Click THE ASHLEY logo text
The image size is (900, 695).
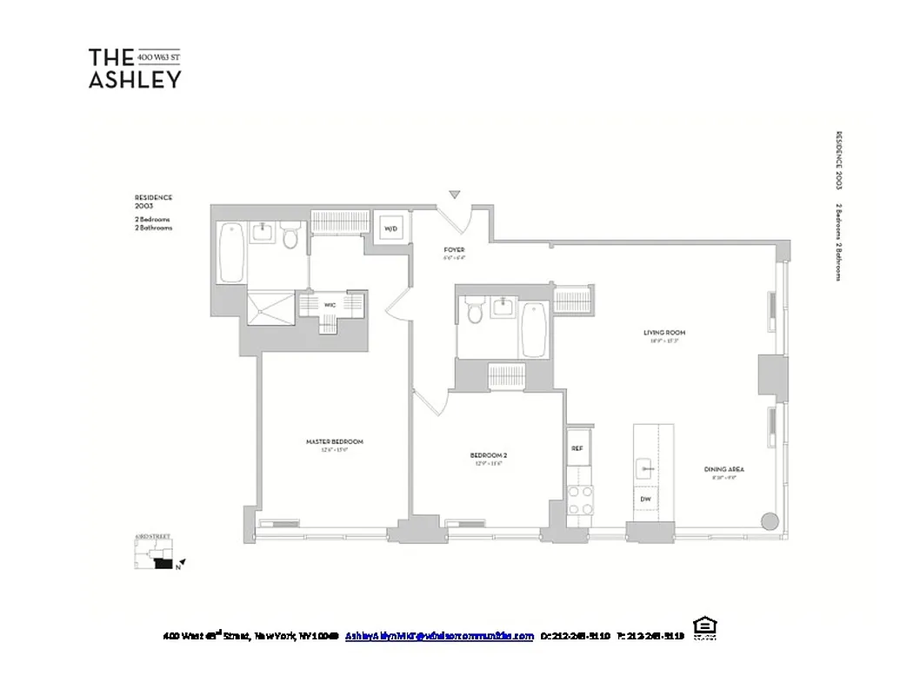tap(135, 69)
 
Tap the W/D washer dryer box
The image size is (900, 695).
tap(390, 229)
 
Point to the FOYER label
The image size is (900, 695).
tap(454, 249)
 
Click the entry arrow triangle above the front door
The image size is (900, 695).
tap(454, 195)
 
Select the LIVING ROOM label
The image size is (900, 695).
tap(658, 333)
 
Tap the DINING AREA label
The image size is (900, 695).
tap(723, 469)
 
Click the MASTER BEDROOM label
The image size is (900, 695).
tap(334, 441)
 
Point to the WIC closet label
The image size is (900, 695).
tap(330, 305)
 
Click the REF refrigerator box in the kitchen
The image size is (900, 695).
tap(577, 448)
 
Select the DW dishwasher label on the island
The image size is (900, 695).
tap(645, 499)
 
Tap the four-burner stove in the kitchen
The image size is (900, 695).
tap(580, 500)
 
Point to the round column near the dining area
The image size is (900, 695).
tap(770, 521)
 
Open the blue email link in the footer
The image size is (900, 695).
tap(439, 636)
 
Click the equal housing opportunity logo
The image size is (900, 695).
tap(703, 627)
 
